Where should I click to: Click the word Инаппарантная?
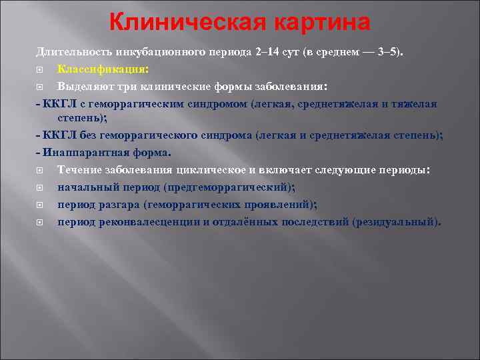point(78,153)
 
